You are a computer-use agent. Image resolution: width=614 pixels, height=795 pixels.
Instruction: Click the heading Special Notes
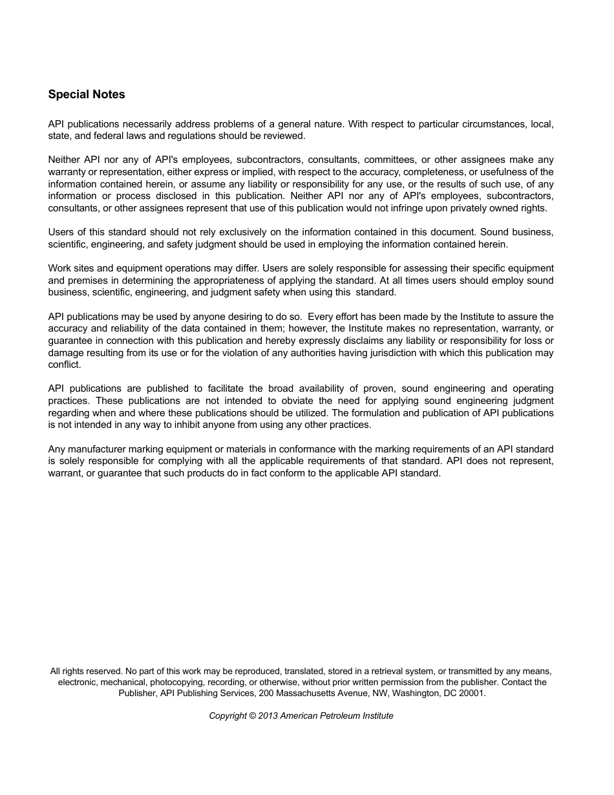(87, 94)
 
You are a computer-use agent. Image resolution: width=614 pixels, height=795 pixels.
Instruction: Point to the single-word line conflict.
(65, 365)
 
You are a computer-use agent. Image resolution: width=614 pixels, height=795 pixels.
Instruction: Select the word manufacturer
(96, 449)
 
